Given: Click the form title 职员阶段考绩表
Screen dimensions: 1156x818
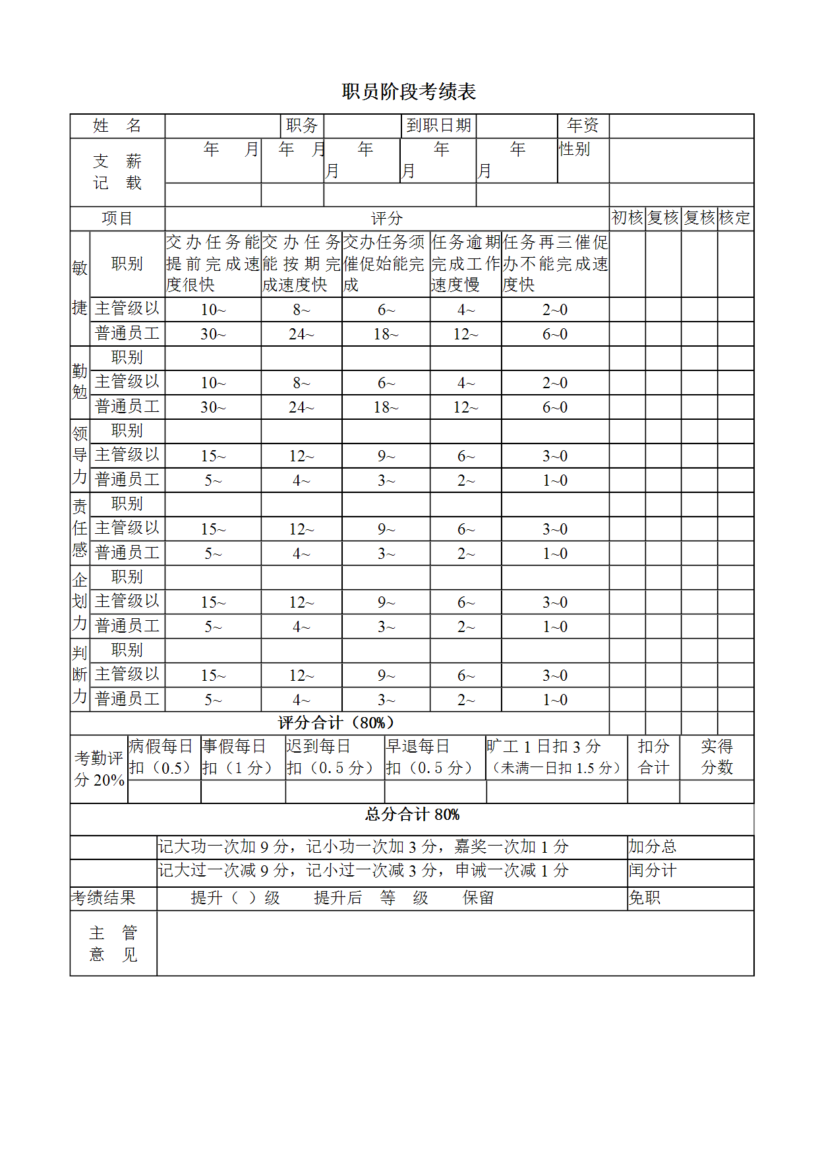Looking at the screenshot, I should click(x=409, y=92).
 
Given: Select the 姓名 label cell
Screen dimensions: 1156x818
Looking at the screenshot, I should click(x=117, y=125).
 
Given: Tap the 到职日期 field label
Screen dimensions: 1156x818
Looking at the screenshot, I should click(x=438, y=125).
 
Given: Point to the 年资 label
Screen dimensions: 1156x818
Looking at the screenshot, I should click(x=583, y=125).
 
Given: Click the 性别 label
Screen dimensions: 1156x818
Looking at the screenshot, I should click(x=574, y=149).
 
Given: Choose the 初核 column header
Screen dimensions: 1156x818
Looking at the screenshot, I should click(x=627, y=217).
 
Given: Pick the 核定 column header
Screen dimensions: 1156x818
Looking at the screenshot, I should click(x=735, y=217).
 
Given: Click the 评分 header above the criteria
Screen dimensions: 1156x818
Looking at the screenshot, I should click(x=386, y=218).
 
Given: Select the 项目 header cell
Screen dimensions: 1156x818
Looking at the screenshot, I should click(x=117, y=218).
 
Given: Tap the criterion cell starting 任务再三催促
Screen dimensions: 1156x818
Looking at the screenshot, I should click(x=555, y=263).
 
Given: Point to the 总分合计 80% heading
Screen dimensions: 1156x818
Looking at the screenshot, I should click(x=412, y=815).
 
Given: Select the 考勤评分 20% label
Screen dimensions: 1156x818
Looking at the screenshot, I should click(x=99, y=768).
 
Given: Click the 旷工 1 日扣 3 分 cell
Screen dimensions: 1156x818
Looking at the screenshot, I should click(x=556, y=757).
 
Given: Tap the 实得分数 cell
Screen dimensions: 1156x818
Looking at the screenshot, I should click(x=716, y=757).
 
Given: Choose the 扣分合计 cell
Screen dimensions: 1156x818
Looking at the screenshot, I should click(x=653, y=757).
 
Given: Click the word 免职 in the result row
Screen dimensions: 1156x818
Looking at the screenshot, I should click(x=644, y=898).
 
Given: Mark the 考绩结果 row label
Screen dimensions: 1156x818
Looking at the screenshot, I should click(x=103, y=898).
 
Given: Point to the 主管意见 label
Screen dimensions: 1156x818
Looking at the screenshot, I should click(x=113, y=943).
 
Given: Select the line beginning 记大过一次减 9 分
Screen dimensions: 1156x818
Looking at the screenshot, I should click(x=363, y=871).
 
